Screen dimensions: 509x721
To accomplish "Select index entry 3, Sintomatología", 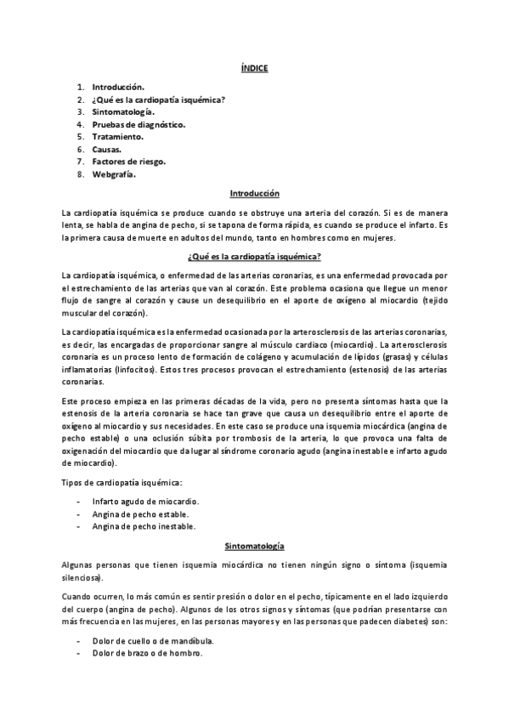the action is [124, 111].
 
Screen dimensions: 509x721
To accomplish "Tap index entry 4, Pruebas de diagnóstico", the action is [139, 124].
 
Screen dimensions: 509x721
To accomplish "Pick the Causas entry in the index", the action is [107, 149].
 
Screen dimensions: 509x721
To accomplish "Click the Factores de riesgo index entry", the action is [129, 162].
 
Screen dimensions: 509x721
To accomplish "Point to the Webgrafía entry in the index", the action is [114, 174].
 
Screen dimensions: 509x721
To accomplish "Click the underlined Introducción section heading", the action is [254, 194].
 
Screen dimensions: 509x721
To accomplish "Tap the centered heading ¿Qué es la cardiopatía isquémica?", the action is [254, 256].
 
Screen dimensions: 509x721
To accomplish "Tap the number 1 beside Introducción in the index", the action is [80, 87].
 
